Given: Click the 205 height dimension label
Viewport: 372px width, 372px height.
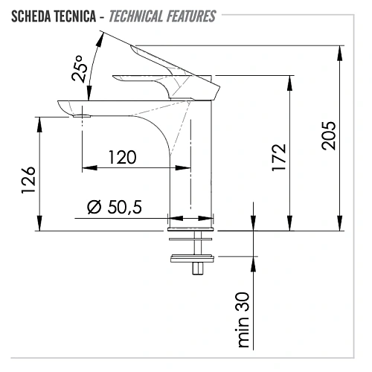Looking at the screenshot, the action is point(329,135).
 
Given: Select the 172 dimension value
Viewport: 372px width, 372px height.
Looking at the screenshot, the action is point(279,157).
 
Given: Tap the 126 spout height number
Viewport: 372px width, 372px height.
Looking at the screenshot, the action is point(28,180).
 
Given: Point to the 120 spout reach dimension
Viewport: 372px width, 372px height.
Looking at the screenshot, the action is point(123,157).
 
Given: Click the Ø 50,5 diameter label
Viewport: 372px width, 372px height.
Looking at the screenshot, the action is point(115,207).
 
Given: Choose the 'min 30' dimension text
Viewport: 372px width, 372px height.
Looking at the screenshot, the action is point(243,320).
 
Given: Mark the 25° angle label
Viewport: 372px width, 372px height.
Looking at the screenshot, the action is point(80,68).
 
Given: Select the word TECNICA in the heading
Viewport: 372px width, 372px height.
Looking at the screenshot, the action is point(75,16).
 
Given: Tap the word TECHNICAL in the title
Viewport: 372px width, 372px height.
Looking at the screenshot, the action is point(136,16).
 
